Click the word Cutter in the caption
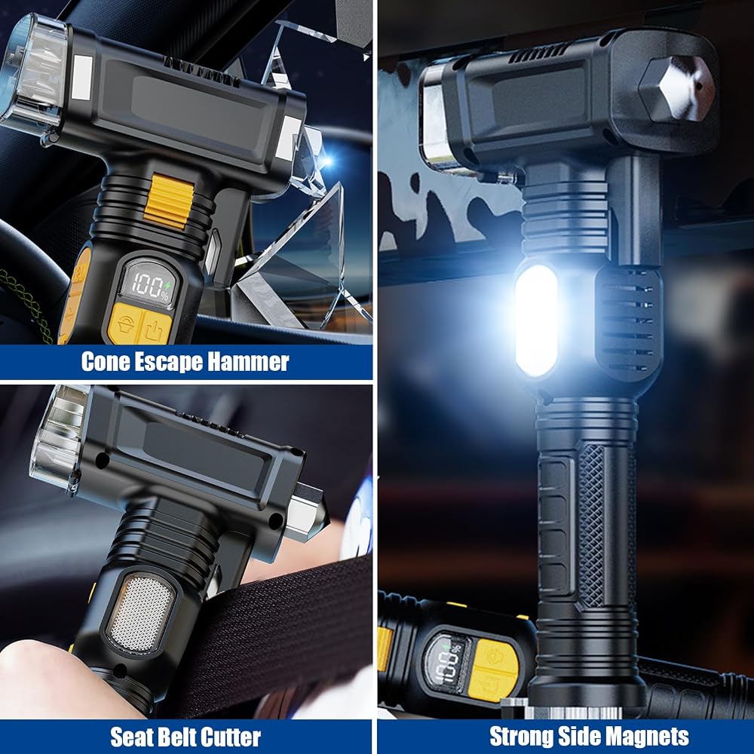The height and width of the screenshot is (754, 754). [x=230, y=737]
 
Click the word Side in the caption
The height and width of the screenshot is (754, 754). [x=578, y=736]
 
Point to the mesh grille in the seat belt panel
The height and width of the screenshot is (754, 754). [x=140, y=612]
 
